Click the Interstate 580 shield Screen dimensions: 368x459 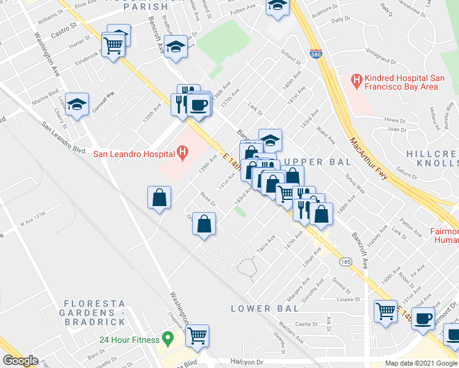tap(315, 55)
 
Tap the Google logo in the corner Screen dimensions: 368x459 tap(20, 361)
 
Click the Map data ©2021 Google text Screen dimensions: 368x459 tap(421, 363)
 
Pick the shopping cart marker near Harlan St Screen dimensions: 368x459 tap(114, 44)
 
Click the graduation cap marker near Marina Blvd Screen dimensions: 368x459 tap(77, 105)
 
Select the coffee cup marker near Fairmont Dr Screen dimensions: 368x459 tap(422, 318)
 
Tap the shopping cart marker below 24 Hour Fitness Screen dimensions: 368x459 tap(198, 335)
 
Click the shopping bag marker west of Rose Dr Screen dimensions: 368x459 tap(159, 197)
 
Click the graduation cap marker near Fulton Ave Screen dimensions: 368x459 tap(277, 6)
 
